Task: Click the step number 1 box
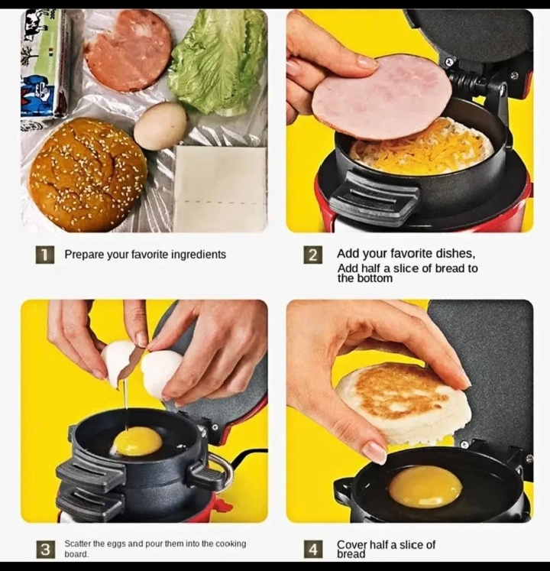(45, 255)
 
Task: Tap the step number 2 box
(313, 255)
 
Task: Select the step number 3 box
(45, 549)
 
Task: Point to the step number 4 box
(313, 549)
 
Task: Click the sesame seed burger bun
(87, 174)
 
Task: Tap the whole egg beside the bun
(160, 125)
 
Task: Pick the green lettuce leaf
(218, 60)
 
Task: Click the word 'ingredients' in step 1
(199, 255)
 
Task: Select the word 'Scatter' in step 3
(77, 543)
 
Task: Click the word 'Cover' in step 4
(351, 545)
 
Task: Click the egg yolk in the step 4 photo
(425, 488)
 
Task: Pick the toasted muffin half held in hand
(403, 402)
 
